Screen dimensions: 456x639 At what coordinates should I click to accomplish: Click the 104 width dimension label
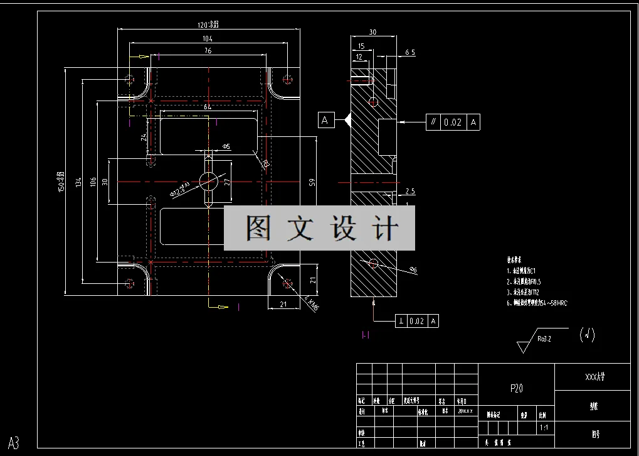pos(208,38)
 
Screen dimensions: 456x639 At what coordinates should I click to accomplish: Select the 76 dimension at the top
pos(208,50)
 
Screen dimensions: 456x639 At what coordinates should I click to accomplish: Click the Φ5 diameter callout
pos(226,146)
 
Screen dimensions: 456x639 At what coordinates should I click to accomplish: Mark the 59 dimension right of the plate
pos(312,183)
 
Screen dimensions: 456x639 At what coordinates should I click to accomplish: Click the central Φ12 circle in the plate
pos(208,181)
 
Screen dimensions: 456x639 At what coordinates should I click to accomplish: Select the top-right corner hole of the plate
pos(288,79)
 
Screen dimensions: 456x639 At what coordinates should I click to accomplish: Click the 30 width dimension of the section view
pos(372,32)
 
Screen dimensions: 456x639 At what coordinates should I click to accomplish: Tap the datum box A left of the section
pos(325,120)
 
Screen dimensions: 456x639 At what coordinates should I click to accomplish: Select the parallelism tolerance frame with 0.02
pos(453,122)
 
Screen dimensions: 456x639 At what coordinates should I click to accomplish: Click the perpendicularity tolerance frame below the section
pos(416,321)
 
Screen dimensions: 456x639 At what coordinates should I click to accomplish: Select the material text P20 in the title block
pos(516,389)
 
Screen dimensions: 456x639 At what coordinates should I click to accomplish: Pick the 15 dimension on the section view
pos(361,46)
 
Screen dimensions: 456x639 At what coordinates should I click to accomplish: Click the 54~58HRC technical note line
pos(537,303)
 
